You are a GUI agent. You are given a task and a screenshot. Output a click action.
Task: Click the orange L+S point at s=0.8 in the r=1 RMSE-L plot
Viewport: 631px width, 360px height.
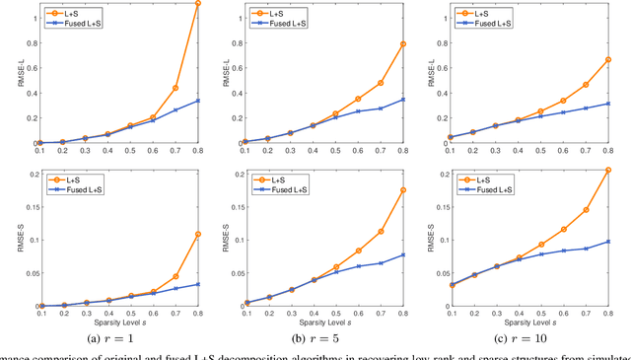(x=198, y=4)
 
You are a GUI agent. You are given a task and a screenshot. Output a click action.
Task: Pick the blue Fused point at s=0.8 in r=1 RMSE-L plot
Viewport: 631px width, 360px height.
(x=198, y=100)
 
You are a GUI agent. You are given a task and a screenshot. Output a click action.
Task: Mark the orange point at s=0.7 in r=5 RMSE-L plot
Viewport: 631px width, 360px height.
(x=380, y=82)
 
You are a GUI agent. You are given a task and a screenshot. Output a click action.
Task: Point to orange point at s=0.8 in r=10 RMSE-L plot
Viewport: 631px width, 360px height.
(x=608, y=59)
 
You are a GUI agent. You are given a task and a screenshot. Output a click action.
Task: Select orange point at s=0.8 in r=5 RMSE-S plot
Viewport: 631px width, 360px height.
(x=403, y=190)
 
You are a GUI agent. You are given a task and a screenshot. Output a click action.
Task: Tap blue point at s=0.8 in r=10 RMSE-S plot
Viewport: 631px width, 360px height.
(x=608, y=242)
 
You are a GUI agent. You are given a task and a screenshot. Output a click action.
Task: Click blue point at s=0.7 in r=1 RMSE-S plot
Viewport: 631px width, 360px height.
(x=175, y=288)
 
